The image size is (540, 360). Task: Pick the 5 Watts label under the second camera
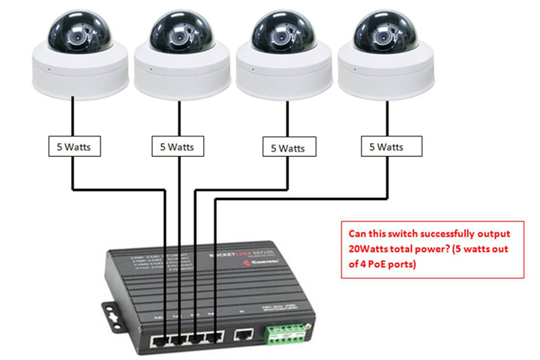pyautogui.click(x=175, y=146)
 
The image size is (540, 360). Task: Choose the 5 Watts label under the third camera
pyautogui.click(x=288, y=148)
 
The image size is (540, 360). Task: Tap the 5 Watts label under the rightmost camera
pyautogui.click(x=390, y=146)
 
